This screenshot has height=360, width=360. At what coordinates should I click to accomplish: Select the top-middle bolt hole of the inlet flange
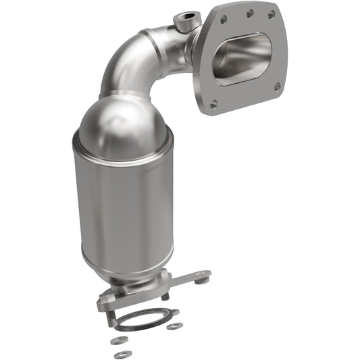click(x=250, y=12)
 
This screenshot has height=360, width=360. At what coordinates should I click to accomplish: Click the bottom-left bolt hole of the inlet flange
click(x=214, y=104)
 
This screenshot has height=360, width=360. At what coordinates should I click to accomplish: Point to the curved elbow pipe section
click(x=135, y=64)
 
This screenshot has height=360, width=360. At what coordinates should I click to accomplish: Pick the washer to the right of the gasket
click(x=175, y=326)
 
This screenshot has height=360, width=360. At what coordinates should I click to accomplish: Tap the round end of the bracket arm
click(x=202, y=274)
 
